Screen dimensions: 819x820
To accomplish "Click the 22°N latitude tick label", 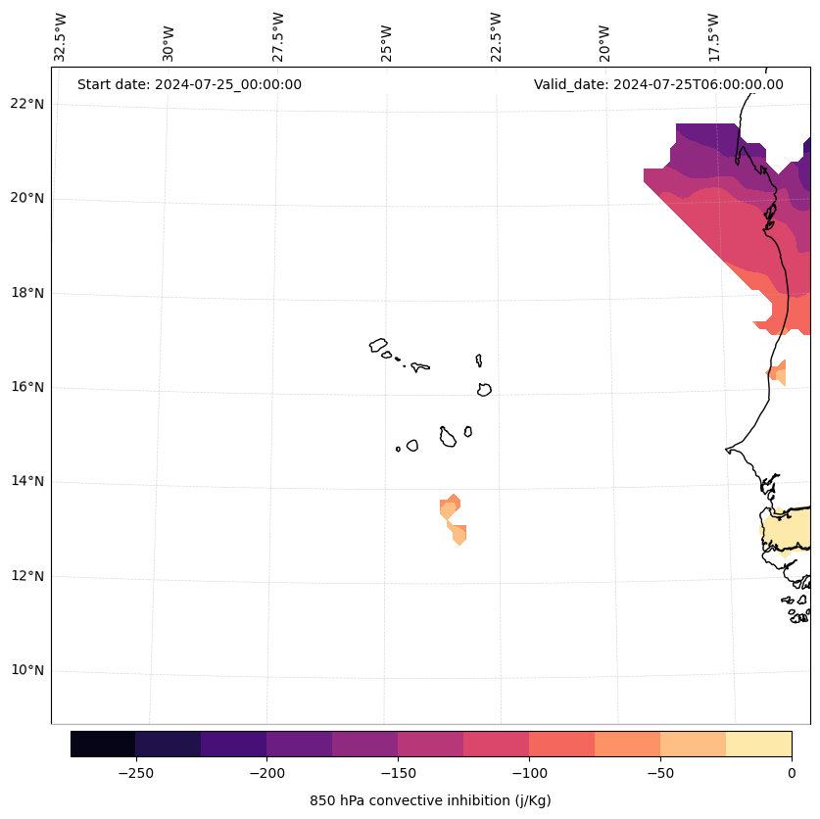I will (x=25, y=104).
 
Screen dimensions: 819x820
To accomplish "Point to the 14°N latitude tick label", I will (x=25, y=481).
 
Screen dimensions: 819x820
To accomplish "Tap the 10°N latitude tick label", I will (x=25, y=670).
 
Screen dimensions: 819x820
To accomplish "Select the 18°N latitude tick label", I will (x=25, y=293).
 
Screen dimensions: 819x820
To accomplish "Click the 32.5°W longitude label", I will (x=61, y=37).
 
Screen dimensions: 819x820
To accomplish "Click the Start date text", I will (x=189, y=84).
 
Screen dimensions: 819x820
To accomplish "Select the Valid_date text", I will (x=658, y=84).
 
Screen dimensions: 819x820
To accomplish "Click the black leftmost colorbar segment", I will (x=103, y=744).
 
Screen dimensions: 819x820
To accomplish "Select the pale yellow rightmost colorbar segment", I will (x=758, y=744).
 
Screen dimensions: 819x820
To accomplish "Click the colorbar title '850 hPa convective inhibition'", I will (x=430, y=800).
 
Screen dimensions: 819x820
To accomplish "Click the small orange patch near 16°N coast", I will (x=777, y=372).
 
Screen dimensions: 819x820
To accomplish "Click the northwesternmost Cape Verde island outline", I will (x=378, y=345).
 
